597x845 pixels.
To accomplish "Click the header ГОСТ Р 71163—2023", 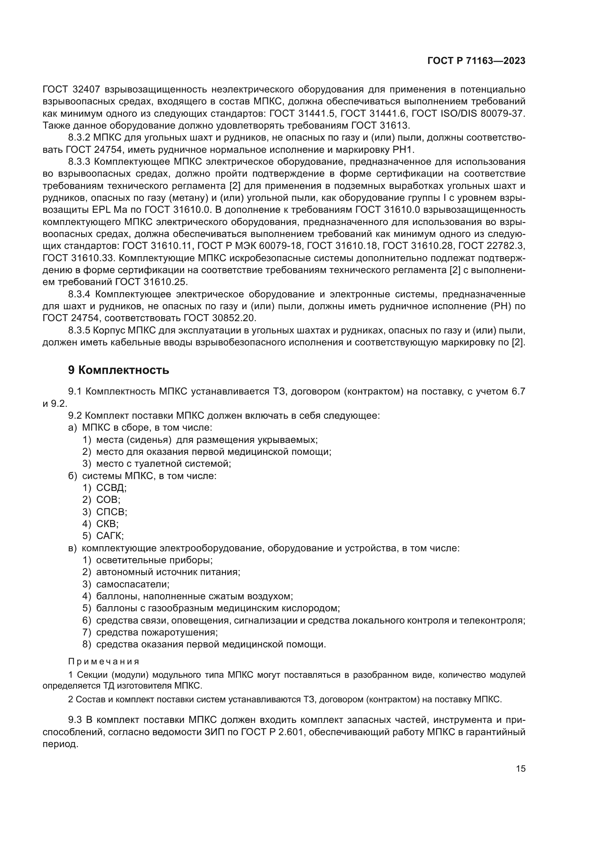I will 476,61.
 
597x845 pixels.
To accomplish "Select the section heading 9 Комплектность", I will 118,370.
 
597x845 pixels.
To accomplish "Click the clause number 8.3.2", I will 79,138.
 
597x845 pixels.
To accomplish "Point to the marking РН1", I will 403,150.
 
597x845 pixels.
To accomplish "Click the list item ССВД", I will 111,488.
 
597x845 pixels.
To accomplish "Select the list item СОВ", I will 108,500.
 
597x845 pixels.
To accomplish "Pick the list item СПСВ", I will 112,512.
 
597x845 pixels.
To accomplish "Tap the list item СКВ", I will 107,524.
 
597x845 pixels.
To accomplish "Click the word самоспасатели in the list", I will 132,584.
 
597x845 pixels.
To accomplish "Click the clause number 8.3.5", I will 79,331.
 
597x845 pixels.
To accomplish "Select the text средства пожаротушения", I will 157,632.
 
